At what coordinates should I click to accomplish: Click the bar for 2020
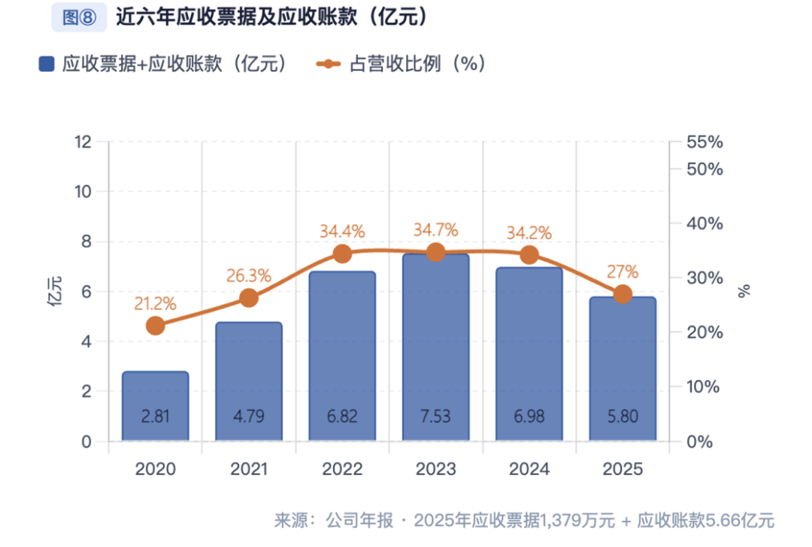[x=156, y=406]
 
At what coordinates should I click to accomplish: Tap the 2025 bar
[x=623, y=369]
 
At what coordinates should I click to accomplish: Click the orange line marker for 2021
[x=249, y=298]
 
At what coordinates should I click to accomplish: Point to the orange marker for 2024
[x=529, y=255]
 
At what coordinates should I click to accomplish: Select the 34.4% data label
[x=342, y=231]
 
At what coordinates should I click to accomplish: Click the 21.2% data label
[x=156, y=304]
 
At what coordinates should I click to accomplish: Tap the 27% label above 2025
[x=623, y=272]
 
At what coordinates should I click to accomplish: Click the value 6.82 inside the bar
[x=342, y=417]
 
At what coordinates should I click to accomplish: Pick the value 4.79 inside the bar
[x=249, y=417]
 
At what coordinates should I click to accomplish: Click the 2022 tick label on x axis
[x=342, y=470]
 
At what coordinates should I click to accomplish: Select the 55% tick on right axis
[x=704, y=142]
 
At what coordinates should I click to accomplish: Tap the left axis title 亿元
[x=55, y=292]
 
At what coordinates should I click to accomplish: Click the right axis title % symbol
[x=744, y=292]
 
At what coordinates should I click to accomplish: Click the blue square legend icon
[x=47, y=65]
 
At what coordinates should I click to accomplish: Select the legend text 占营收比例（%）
[x=417, y=65]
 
